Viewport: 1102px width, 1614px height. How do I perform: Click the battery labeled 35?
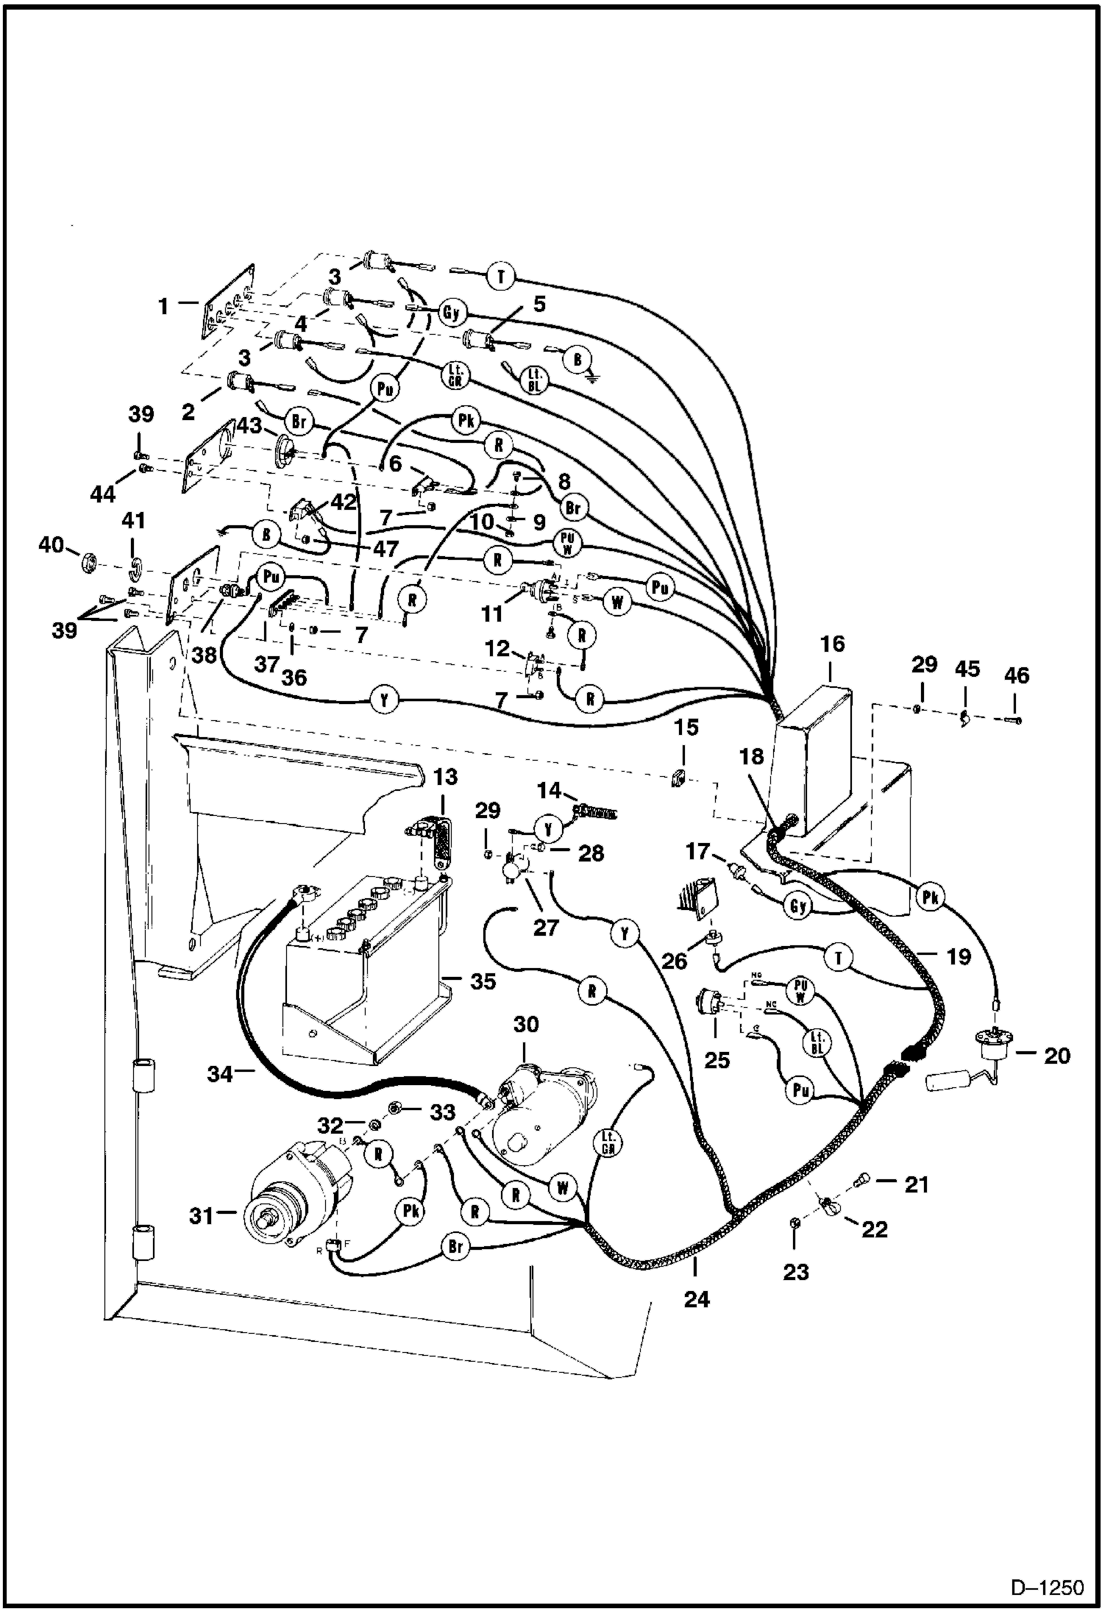click(360, 978)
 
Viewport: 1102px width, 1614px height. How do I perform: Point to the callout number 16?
click(832, 644)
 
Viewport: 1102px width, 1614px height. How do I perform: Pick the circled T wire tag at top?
click(501, 277)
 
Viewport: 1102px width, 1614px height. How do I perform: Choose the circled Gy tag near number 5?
click(451, 312)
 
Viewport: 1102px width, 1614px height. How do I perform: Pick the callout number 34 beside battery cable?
click(220, 1076)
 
